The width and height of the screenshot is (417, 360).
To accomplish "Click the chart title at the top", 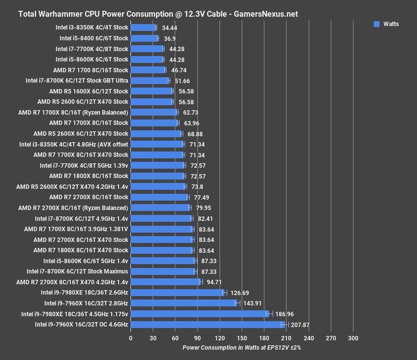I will point(158,14).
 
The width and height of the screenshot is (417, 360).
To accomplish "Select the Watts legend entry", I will point(385,24).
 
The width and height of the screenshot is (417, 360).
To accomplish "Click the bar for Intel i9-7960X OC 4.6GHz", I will point(207,325).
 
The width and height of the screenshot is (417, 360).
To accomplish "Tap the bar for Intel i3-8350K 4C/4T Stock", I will point(143,28).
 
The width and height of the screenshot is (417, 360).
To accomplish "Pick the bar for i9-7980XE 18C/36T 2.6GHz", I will point(177,293).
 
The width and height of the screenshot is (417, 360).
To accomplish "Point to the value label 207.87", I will point(300,325).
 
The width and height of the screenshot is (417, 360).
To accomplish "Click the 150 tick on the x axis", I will point(242,338).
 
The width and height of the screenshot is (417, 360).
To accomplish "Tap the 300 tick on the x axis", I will point(353,338).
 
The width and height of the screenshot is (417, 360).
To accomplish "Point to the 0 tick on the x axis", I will point(130,338).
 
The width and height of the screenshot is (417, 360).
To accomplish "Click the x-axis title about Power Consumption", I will point(241,347).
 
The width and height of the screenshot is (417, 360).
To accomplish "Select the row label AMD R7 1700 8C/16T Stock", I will point(91,70).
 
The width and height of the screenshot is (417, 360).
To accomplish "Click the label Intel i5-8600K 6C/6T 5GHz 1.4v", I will point(86,261).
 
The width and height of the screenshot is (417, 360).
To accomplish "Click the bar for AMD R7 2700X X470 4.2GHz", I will point(165,282).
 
